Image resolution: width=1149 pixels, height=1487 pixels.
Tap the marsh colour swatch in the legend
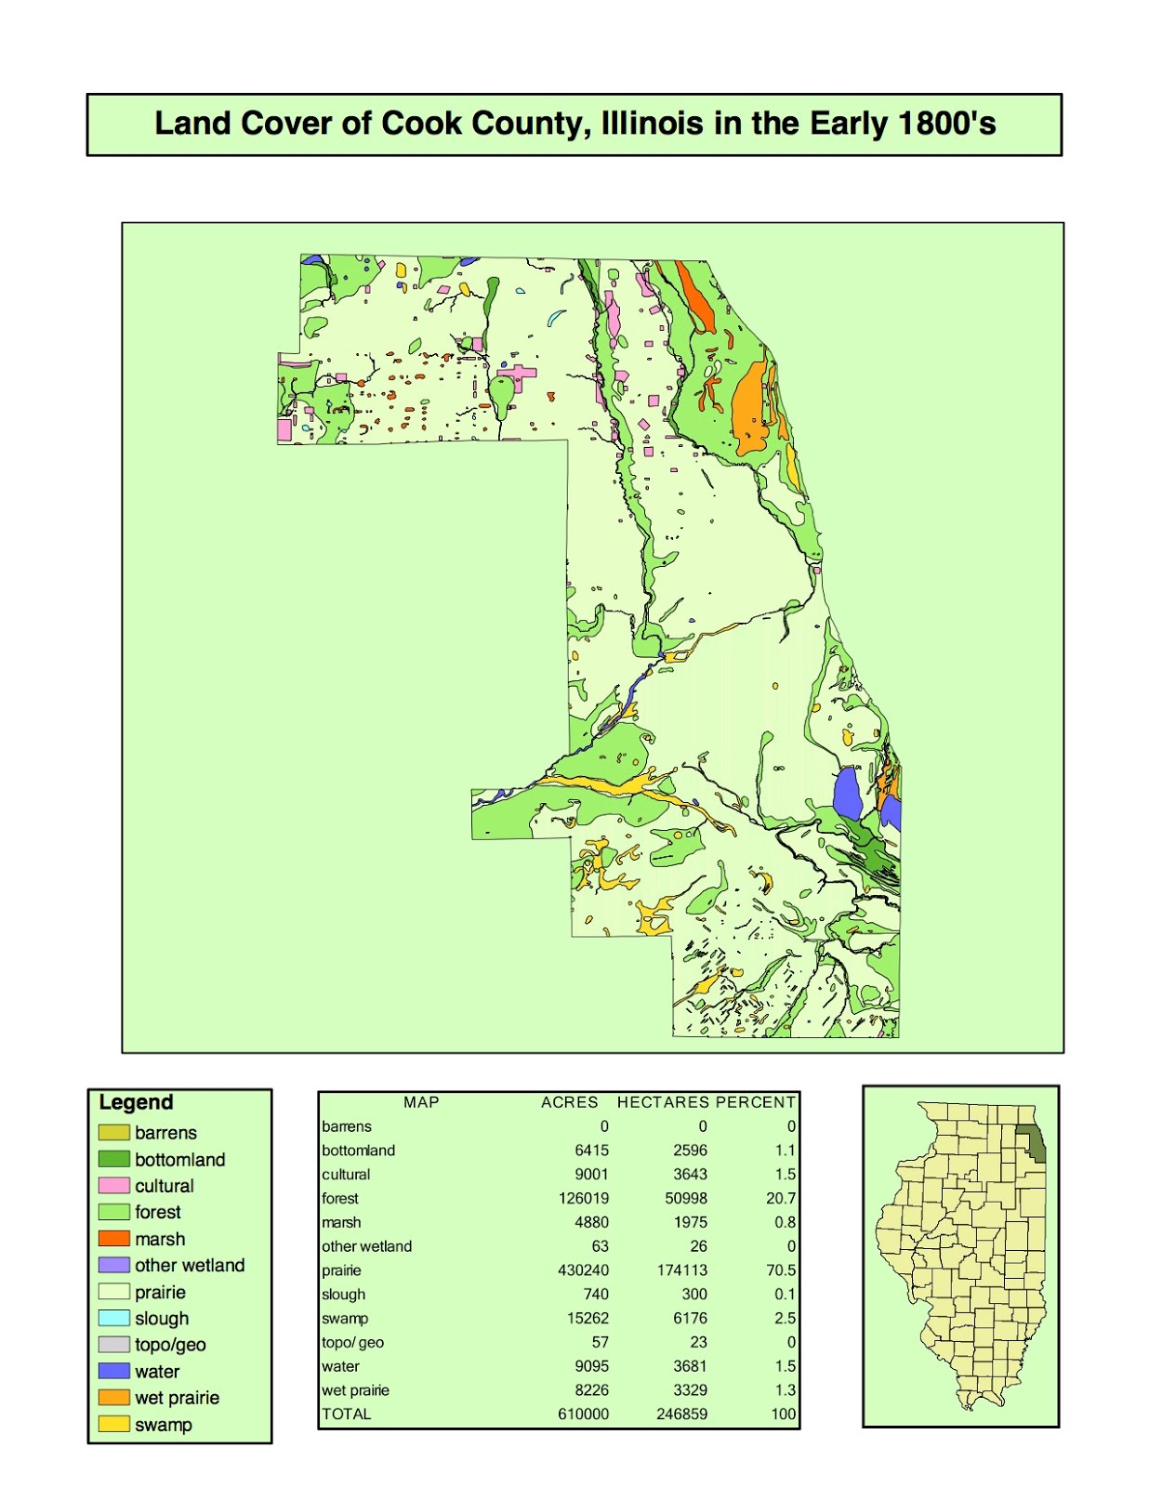click(x=114, y=1239)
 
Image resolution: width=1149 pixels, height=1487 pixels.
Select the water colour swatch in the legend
click(x=114, y=1371)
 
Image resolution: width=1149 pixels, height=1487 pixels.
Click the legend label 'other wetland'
click(x=190, y=1265)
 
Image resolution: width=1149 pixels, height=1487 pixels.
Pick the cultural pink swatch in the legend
click(x=114, y=1186)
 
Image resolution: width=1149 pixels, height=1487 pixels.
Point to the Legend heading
click(x=136, y=1102)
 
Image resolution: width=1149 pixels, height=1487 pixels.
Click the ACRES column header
click(x=569, y=1102)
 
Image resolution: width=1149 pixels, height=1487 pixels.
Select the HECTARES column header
click(x=663, y=1102)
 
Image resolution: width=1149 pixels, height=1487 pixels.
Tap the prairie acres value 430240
click(x=583, y=1270)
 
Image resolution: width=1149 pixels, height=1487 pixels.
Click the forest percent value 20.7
click(x=781, y=1199)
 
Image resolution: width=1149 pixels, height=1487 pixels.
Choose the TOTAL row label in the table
click(x=347, y=1415)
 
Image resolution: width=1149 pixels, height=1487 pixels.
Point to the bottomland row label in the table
click(x=358, y=1151)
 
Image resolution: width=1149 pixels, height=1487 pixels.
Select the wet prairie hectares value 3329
click(x=690, y=1390)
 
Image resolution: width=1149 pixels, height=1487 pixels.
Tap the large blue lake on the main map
click(x=847, y=793)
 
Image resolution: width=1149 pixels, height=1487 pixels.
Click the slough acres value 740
click(x=596, y=1295)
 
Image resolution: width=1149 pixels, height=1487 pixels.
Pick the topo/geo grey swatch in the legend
click(x=114, y=1345)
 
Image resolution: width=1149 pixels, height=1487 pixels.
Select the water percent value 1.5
click(x=785, y=1366)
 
